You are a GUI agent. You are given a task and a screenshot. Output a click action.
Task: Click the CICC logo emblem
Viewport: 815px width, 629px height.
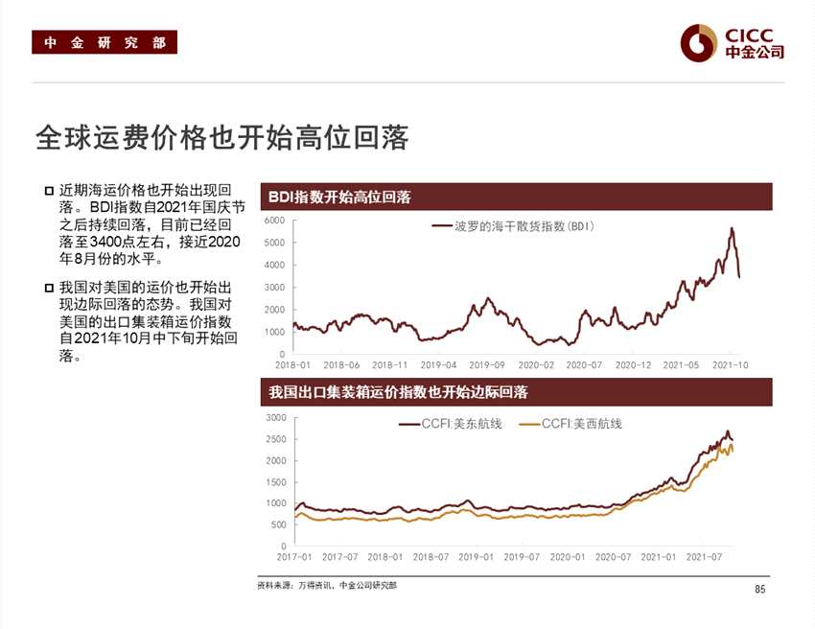coord(699,42)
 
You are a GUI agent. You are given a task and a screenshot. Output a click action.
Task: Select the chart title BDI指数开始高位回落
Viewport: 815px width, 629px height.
coord(340,198)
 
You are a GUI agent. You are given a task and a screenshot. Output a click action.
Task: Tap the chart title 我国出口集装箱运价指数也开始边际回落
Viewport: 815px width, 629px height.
coord(398,392)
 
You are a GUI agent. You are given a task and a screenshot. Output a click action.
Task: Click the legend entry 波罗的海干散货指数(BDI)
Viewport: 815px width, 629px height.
coord(514,226)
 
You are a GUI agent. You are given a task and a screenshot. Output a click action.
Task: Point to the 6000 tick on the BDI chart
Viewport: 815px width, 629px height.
coord(274,221)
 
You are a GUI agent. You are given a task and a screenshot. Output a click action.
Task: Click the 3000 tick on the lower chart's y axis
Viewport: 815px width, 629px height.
coord(274,418)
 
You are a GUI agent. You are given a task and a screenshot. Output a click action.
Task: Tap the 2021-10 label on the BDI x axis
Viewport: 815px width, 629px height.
coord(731,365)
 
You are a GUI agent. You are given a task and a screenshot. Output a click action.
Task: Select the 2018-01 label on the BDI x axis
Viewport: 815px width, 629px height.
coord(292,365)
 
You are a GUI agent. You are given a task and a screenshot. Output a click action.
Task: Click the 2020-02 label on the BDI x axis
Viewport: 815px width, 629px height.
coord(536,365)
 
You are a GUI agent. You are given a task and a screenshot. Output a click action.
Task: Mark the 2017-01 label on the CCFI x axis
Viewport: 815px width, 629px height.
coord(293,556)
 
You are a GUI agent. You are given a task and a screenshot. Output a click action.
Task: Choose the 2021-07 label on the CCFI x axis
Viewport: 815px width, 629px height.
coord(705,556)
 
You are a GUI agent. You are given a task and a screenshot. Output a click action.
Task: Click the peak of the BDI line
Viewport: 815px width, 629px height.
coord(732,228)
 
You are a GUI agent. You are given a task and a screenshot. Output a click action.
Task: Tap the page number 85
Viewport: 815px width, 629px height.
coord(760,589)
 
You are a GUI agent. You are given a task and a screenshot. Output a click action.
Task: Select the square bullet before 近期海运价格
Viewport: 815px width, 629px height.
coord(49,190)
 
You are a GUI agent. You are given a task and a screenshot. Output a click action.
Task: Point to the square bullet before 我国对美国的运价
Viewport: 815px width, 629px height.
coord(49,287)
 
